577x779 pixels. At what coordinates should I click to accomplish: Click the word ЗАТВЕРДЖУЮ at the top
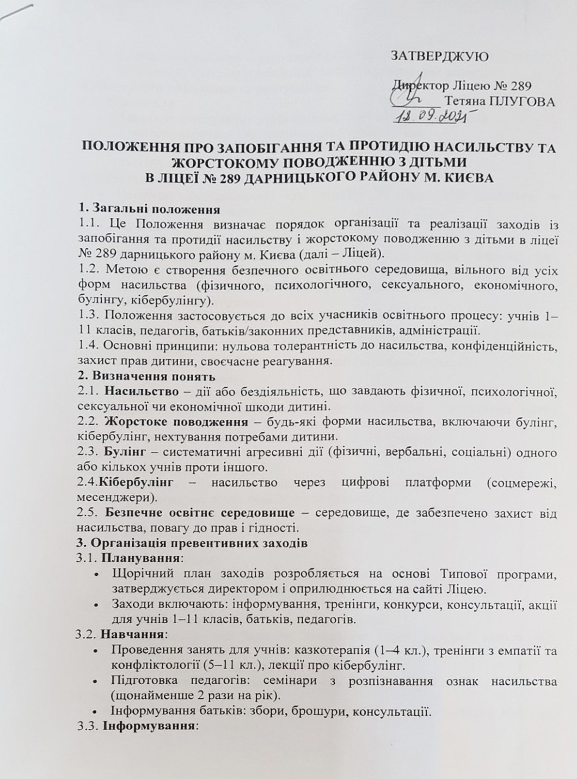click(x=439, y=56)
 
